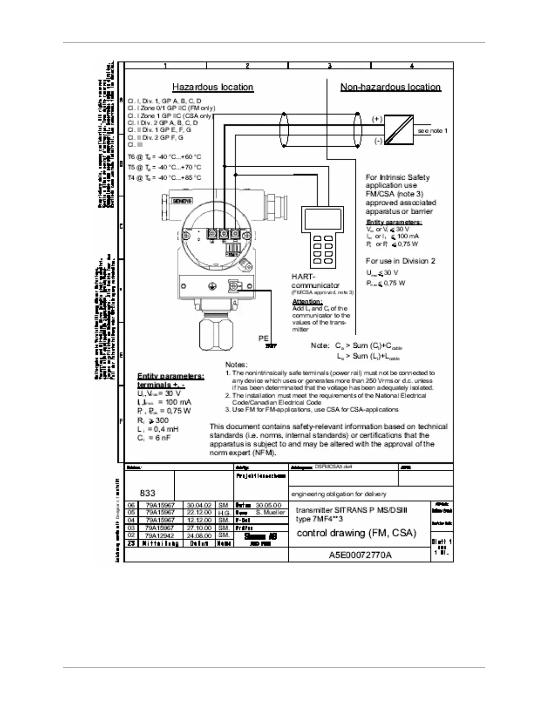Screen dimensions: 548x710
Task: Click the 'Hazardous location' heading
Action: pyautogui.click(x=213, y=87)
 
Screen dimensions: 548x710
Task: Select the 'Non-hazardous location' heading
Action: pyautogui.click(x=390, y=87)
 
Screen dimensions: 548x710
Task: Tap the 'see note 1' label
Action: pyautogui.click(x=432, y=131)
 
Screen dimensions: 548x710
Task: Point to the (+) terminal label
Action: pyautogui.click(x=377, y=119)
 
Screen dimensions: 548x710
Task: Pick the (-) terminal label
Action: pyautogui.click(x=378, y=141)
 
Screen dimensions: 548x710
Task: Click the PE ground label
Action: pyautogui.click(x=263, y=339)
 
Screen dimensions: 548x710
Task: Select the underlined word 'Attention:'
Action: pyautogui.click(x=307, y=302)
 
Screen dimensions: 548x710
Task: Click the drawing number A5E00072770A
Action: pyautogui.click(x=360, y=555)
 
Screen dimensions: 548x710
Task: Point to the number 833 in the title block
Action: pyautogui.click(x=148, y=493)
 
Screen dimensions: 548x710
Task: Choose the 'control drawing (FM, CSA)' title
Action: pyautogui.click(x=356, y=533)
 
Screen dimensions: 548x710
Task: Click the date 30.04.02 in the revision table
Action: pyautogui.click(x=199, y=505)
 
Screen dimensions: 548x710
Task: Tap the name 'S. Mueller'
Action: pyautogui.click(x=270, y=512)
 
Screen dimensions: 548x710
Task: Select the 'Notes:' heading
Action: pyautogui.click(x=236, y=365)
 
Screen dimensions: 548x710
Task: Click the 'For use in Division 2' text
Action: pyautogui.click(x=400, y=261)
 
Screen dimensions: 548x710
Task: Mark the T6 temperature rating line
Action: pyautogui.click(x=164, y=157)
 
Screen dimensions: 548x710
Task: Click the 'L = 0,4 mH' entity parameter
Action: pyautogui.click(x=158, y=429)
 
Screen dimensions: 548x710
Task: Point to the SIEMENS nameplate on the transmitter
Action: pyautogui.click(x=182, y=201)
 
